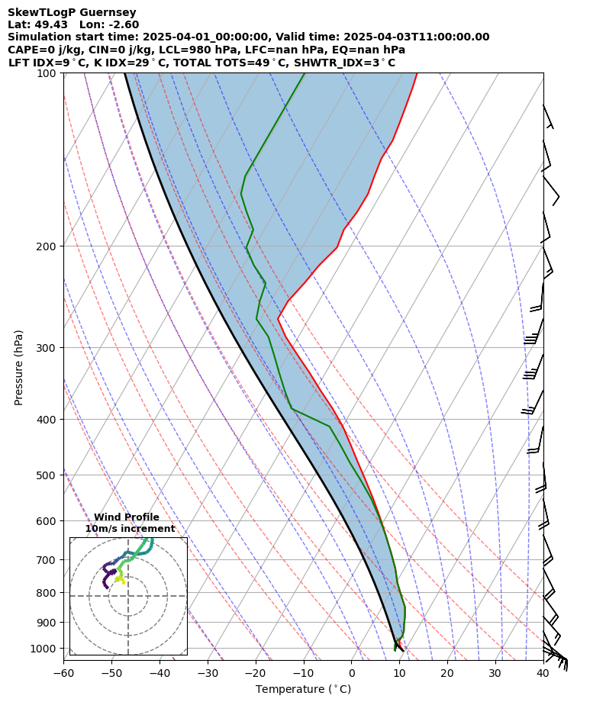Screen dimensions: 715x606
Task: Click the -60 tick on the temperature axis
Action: (63, 674)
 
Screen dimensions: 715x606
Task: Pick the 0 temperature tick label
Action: (351, 674)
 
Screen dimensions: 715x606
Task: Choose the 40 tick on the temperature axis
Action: (543, 674)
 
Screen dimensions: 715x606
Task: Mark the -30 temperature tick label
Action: (208, 674)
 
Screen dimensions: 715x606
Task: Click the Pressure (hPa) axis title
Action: (19, 367)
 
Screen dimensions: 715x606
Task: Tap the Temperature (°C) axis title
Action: (303, 690)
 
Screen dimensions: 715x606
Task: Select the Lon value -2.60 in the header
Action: (124, 24)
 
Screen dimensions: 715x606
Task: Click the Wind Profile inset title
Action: (127, 517)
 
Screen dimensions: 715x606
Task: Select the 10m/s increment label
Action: (130, 529)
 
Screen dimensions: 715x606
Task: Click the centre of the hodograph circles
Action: (128, 596)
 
